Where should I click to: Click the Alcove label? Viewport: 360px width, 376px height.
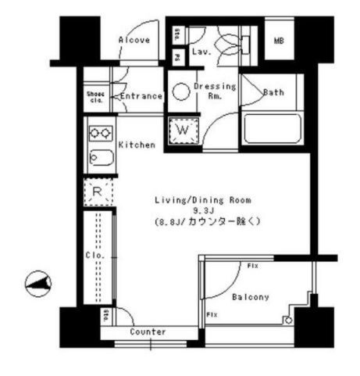(134, 40)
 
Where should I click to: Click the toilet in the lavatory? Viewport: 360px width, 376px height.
(230, 43)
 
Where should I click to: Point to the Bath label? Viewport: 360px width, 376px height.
(273, 92)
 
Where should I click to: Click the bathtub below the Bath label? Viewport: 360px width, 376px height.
(271, 128)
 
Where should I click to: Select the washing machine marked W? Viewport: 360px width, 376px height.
(184, 128)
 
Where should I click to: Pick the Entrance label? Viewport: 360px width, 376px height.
(141, 97)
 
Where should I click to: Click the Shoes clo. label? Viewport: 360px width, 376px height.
(95, 96)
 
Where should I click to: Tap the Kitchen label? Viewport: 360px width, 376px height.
(136, 145)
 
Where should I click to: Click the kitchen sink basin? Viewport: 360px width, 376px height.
(102, 159)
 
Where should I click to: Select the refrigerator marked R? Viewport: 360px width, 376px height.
(98, 192)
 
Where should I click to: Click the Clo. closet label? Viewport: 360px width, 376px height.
(91, 254)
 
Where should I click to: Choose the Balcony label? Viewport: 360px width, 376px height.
(251, 297)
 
